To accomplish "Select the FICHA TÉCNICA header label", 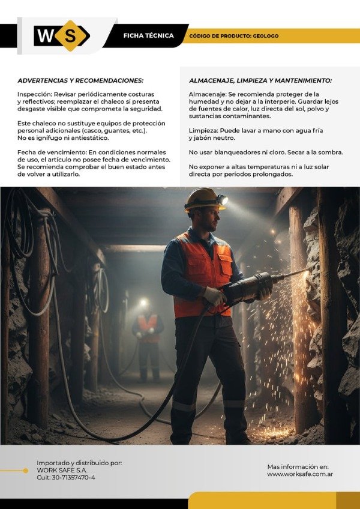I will tap(148, 36).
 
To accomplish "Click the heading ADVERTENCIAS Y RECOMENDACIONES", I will tap(80, 80).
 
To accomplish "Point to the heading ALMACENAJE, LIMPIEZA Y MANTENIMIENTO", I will tap(260, 80).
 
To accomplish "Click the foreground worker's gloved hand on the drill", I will tap(214, 295).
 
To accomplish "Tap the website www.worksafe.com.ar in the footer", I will tap(300, 474).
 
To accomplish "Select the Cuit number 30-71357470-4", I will tap(65, 478).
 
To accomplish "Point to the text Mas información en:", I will tap(298, 466).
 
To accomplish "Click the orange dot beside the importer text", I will tap(25, 471).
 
